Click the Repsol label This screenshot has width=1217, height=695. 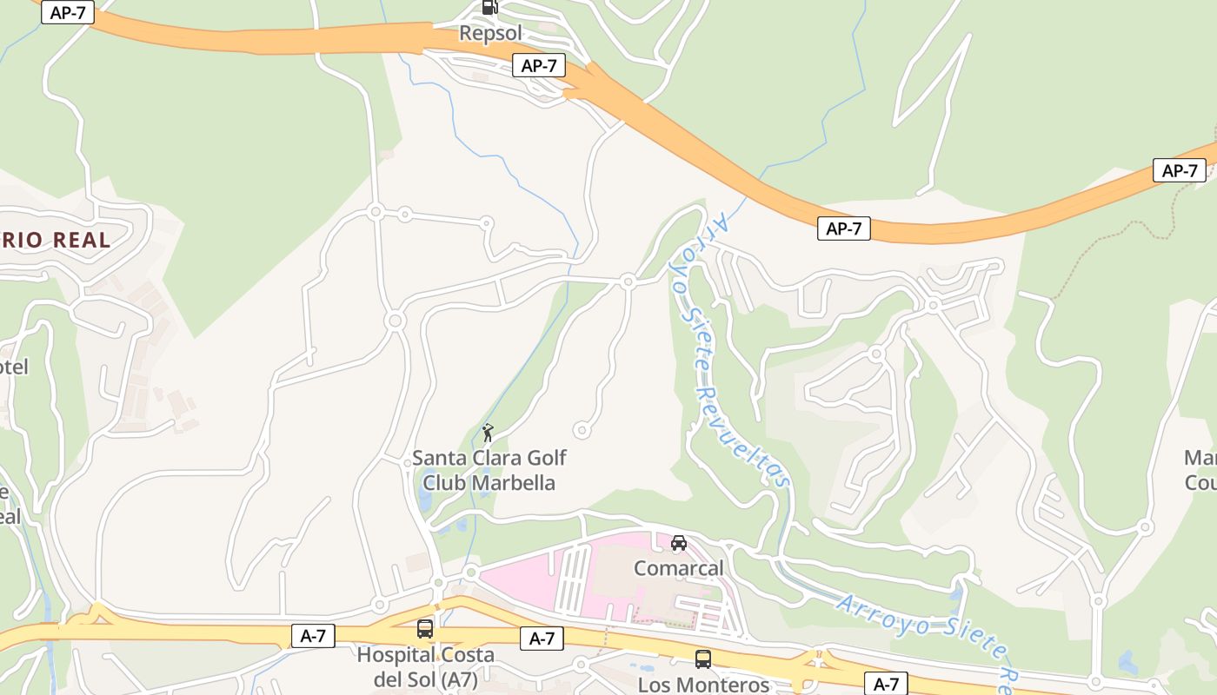[x=490, y=34]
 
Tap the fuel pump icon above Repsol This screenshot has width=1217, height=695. [x=490, y=7]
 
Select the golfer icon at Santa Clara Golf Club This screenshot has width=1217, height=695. [x=488, y=432]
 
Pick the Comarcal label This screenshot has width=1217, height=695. [x=678, y=568]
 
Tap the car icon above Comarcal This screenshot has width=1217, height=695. [x=678, y=543]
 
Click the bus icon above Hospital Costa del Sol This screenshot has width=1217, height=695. [x=425, y=629]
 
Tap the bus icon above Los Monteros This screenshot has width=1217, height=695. [x=702, y=659]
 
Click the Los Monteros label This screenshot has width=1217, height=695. [x=703, y=685]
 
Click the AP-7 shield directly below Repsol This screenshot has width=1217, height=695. [x=539, y=65]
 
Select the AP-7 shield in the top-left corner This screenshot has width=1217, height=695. [x=67, y=12]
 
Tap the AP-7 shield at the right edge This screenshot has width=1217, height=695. [x=1180, y=170]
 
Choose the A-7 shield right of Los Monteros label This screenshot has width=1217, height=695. [x=886, y=683]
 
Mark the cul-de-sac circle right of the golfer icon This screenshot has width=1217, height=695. [x=582, y=430]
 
